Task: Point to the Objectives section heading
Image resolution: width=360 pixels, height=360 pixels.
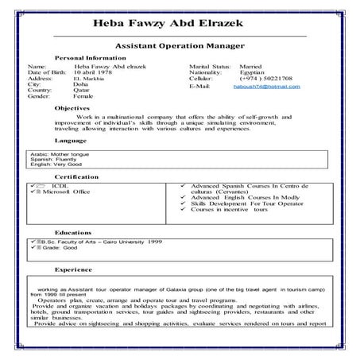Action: point(72,107)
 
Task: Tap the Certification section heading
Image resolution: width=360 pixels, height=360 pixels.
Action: point(76,176)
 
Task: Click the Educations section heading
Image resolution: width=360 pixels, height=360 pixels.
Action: point(74,231)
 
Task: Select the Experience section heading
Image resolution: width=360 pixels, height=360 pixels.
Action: point(73,269)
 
